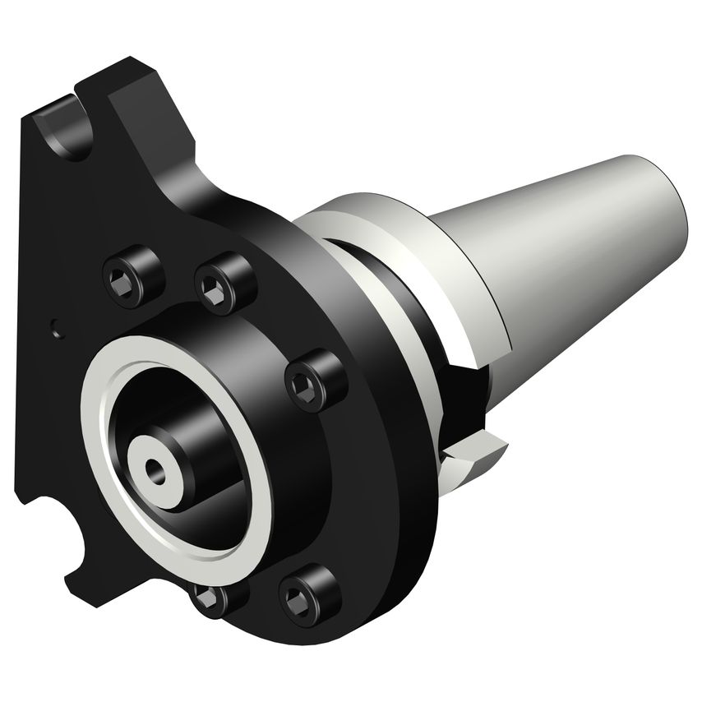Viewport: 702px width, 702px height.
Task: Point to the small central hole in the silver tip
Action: (x=154, y=469)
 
